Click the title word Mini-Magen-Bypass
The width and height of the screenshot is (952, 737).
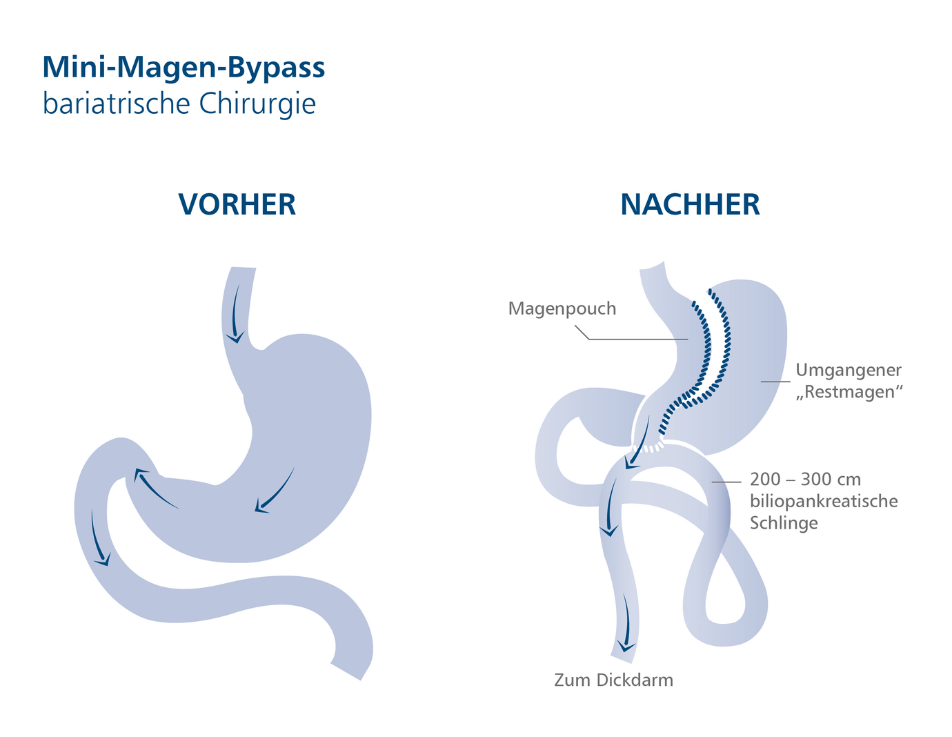tap(184, 68)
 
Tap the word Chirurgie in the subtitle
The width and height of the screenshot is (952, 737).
tap(257, 104)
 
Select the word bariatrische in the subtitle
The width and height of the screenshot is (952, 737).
tap(116, 104)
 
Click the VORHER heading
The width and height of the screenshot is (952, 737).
tap(237, 205)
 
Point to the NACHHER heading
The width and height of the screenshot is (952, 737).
tap(690, 205)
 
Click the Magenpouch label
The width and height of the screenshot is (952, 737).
tap(562, 308)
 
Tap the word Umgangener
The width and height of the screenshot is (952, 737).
tap(849, 370)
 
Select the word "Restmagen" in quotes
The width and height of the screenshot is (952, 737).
tap(849, 392)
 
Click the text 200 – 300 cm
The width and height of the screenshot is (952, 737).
tap(805, 480)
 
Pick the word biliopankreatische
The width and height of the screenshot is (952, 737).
tap(824, 501)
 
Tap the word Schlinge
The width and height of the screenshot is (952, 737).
tap(784, 522)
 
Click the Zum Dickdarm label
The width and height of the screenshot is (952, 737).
tap(613, 680)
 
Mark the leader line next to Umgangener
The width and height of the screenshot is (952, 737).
tap(775, 381)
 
